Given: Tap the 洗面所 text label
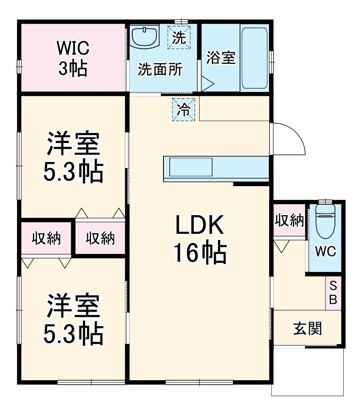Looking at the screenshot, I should coord(160,70).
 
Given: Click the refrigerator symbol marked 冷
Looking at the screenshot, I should coord(184,110).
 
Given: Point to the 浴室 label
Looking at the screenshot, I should coord(221,58).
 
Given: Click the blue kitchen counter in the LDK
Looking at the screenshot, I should coord(215,168).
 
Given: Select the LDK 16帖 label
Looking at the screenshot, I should coord(200,240).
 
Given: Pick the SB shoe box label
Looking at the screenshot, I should coord(333,293).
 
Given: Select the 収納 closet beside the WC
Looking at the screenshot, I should coord(289,220).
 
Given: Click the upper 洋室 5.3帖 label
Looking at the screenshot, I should coord(73,158).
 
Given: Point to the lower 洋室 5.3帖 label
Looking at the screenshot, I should coord(73,320).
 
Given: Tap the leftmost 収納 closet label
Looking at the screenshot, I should coord(46,239).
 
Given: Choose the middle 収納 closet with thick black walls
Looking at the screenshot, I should coord(100,238).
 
